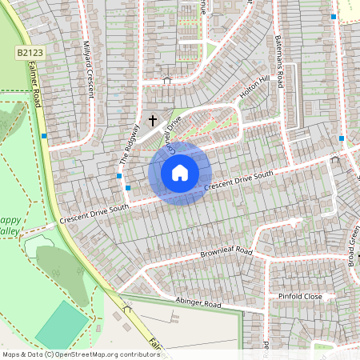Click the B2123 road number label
28,53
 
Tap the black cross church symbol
153,121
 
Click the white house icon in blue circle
180,173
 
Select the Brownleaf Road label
226,254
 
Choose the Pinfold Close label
299,297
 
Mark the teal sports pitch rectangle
62,324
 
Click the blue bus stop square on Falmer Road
44,136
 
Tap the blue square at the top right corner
334,16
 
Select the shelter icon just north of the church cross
166,80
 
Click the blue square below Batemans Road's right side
342,138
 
